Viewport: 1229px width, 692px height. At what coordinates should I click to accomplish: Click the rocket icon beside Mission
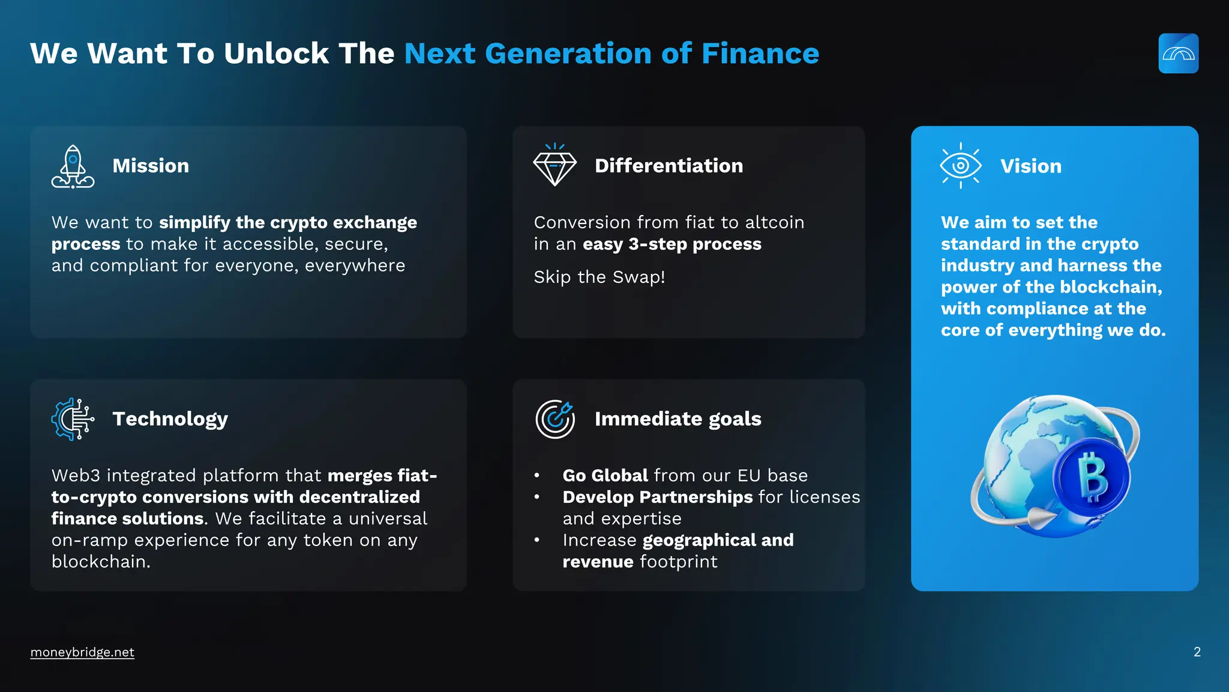pos(73,167)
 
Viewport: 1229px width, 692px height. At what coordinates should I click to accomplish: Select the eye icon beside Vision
pos(960,166)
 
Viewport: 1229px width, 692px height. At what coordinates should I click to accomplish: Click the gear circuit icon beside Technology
pos(73,419)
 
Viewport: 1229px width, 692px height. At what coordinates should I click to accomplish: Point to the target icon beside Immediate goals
pos(554,419)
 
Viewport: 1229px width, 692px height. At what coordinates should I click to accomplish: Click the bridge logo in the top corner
pos(1178,53)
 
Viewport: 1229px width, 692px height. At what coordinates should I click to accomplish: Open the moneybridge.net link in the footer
pos(82,652)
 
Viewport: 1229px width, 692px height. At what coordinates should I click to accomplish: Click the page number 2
pos(1197,652)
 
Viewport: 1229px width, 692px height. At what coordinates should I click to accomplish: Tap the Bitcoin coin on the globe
pos(1092,478)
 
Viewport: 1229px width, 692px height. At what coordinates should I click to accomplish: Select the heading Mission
pos(151,166)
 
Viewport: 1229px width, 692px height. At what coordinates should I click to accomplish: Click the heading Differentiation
pos(669,166)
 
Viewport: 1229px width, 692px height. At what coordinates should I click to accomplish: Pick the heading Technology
pos(170,419)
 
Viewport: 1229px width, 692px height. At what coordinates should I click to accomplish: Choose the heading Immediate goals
pos(678,419)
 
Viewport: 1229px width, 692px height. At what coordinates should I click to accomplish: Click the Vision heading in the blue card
pos(1030,166)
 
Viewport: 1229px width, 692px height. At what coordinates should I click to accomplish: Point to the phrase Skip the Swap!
pos(599,277)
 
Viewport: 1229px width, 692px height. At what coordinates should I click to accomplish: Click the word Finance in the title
pos(760,53)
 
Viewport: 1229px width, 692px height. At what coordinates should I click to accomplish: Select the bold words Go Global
pos(605,476)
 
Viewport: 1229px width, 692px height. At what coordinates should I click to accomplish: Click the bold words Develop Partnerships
pos(657,497)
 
